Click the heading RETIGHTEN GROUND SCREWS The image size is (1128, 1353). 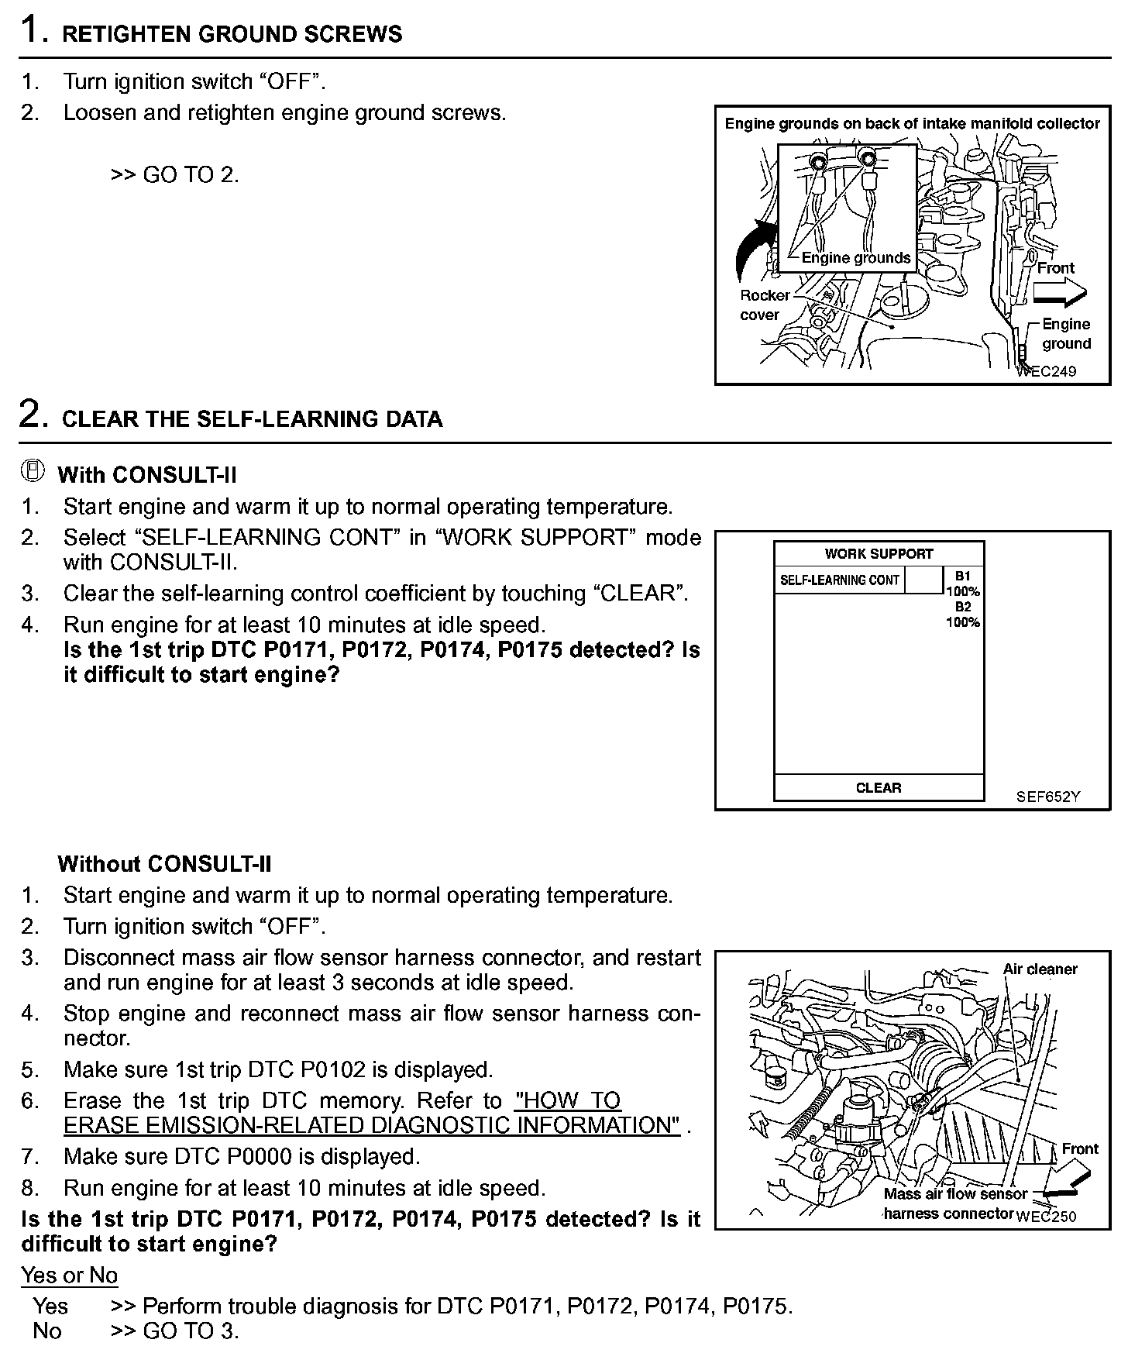[x=232, y=35]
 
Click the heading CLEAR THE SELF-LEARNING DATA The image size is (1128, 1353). [x=252, y=419]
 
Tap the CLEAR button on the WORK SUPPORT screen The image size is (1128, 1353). [x=879, y=788]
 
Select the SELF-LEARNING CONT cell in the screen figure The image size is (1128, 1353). [x=839, y=580]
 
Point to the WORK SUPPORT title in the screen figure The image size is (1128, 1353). [x=879, y=554]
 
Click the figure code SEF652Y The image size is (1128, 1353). [x=1047, y=796]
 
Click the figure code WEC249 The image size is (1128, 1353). [x=1047, y=371]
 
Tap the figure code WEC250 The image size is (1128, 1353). [x=1047, y=1217]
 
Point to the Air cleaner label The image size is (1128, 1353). [x=1040, y=969]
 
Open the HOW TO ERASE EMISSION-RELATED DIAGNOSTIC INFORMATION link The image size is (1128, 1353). [x=372, y=1124]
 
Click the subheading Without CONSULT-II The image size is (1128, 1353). [x=164, y=864]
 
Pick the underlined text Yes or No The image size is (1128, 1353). [x=70, y=1276]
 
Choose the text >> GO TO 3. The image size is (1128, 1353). [x=175, y=1331]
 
